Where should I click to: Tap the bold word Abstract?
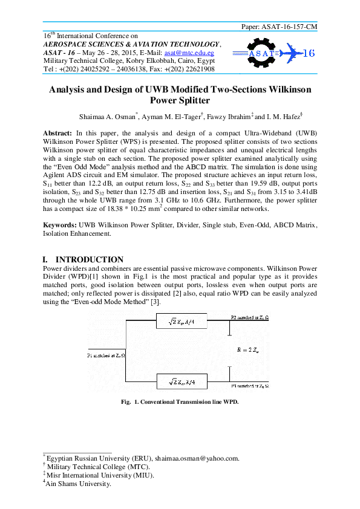coord(57,132)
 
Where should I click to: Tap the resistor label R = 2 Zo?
coord(249,349)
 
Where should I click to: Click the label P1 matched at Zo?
coord(106,355)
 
